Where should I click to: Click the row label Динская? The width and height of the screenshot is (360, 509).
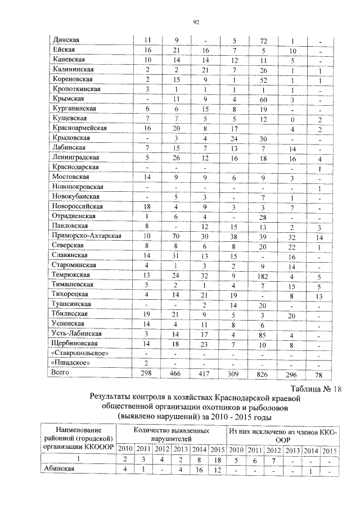pyautogui.click(x=65, y=40)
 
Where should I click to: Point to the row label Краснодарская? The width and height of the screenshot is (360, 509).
pyautogui.click(x=75, y=168)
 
